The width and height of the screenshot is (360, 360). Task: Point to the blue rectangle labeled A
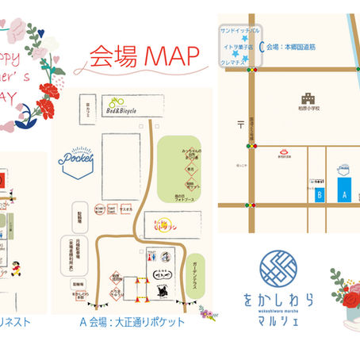343,191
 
